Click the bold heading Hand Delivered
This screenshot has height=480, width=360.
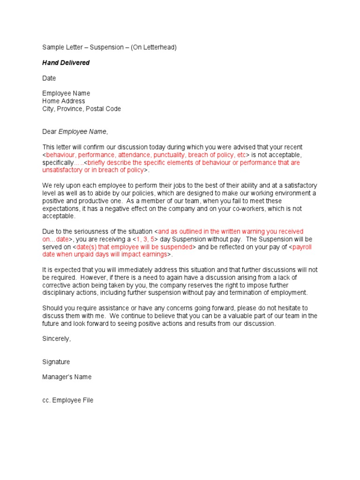coord(66,63)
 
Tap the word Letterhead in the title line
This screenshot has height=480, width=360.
coord(158,47)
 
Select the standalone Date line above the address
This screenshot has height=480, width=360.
coord(49,78)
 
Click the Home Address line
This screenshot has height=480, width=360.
coord(64,101)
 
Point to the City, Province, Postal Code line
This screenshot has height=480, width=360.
coord(82,109)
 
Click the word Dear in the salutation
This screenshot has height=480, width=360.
coord(49,132)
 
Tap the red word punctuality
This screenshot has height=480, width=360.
coord(168,155)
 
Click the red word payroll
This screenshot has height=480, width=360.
coord(302,247)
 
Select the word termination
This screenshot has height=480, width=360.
coord(234,292)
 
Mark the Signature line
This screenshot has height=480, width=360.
coord(56,362)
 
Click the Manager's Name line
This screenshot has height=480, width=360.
coord(67,377)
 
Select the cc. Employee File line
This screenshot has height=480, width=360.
coord(68,400)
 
